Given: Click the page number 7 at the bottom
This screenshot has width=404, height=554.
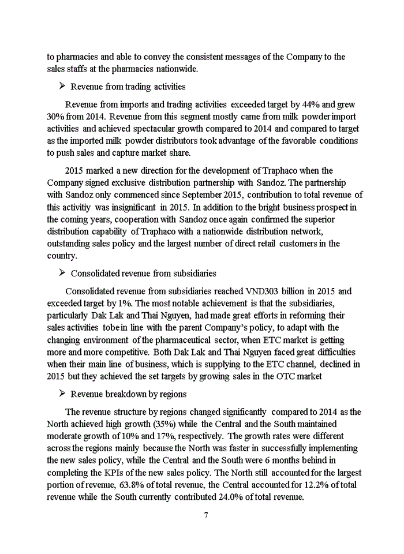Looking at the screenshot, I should tap(205, 515).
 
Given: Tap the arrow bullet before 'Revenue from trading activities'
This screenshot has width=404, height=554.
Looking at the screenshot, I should tap(62, 87).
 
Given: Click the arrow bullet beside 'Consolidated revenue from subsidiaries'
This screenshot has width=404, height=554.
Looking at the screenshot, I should tap(62, 273).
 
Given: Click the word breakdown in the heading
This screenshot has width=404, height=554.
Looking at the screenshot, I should tap(122, 394).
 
